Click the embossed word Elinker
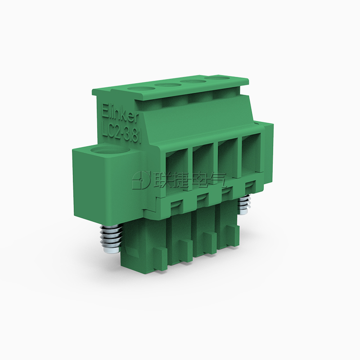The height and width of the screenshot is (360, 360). (x=120, y=113)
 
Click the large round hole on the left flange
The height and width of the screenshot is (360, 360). (x=110, y=152)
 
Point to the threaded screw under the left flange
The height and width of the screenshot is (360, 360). (x=110, y=238)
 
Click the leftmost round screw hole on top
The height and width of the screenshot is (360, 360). (x=138, y=87)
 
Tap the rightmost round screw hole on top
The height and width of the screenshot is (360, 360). (x=217, y=78)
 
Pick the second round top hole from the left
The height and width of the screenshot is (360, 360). (x=165, y=85)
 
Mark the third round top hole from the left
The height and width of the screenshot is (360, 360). (x=191, y=81)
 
